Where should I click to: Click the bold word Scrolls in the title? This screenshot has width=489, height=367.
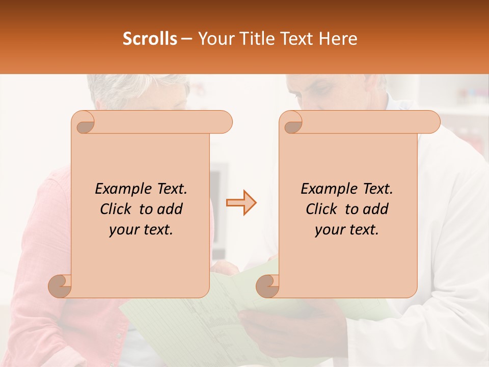coord(150,39)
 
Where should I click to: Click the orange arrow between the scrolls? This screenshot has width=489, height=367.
coord(241,203)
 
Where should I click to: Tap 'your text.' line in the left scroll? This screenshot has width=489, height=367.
coord(141,229)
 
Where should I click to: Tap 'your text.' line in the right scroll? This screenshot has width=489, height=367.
coord(347,229)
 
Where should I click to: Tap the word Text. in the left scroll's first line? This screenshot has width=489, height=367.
coord(170,189)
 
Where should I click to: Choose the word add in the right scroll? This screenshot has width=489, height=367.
coord(375,209)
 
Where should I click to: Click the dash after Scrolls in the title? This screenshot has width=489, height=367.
coord(186,39)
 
